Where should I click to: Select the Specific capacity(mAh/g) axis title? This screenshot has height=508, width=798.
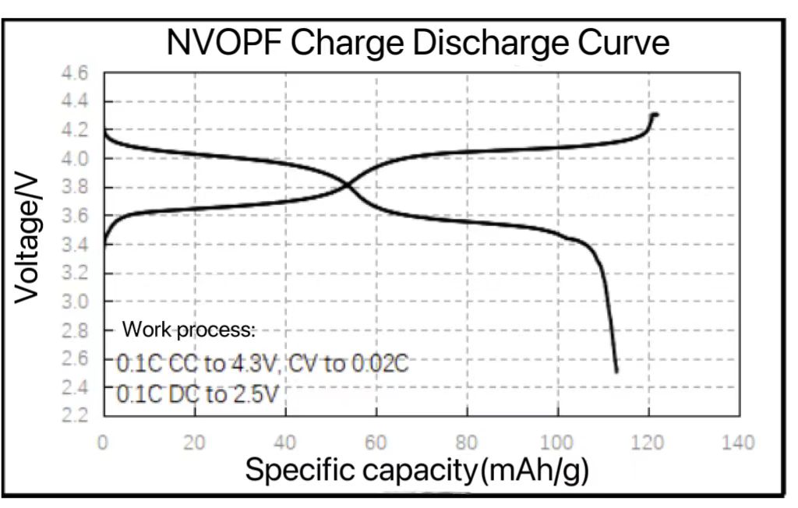(417, 471)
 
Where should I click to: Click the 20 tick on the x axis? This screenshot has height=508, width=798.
(194, 443)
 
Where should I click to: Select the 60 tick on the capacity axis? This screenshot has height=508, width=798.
(376, 443)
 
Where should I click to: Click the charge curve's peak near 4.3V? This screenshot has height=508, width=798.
(654, 115)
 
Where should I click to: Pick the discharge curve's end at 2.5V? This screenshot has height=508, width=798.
(616, 372)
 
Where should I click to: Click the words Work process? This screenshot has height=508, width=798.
(189, 330)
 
